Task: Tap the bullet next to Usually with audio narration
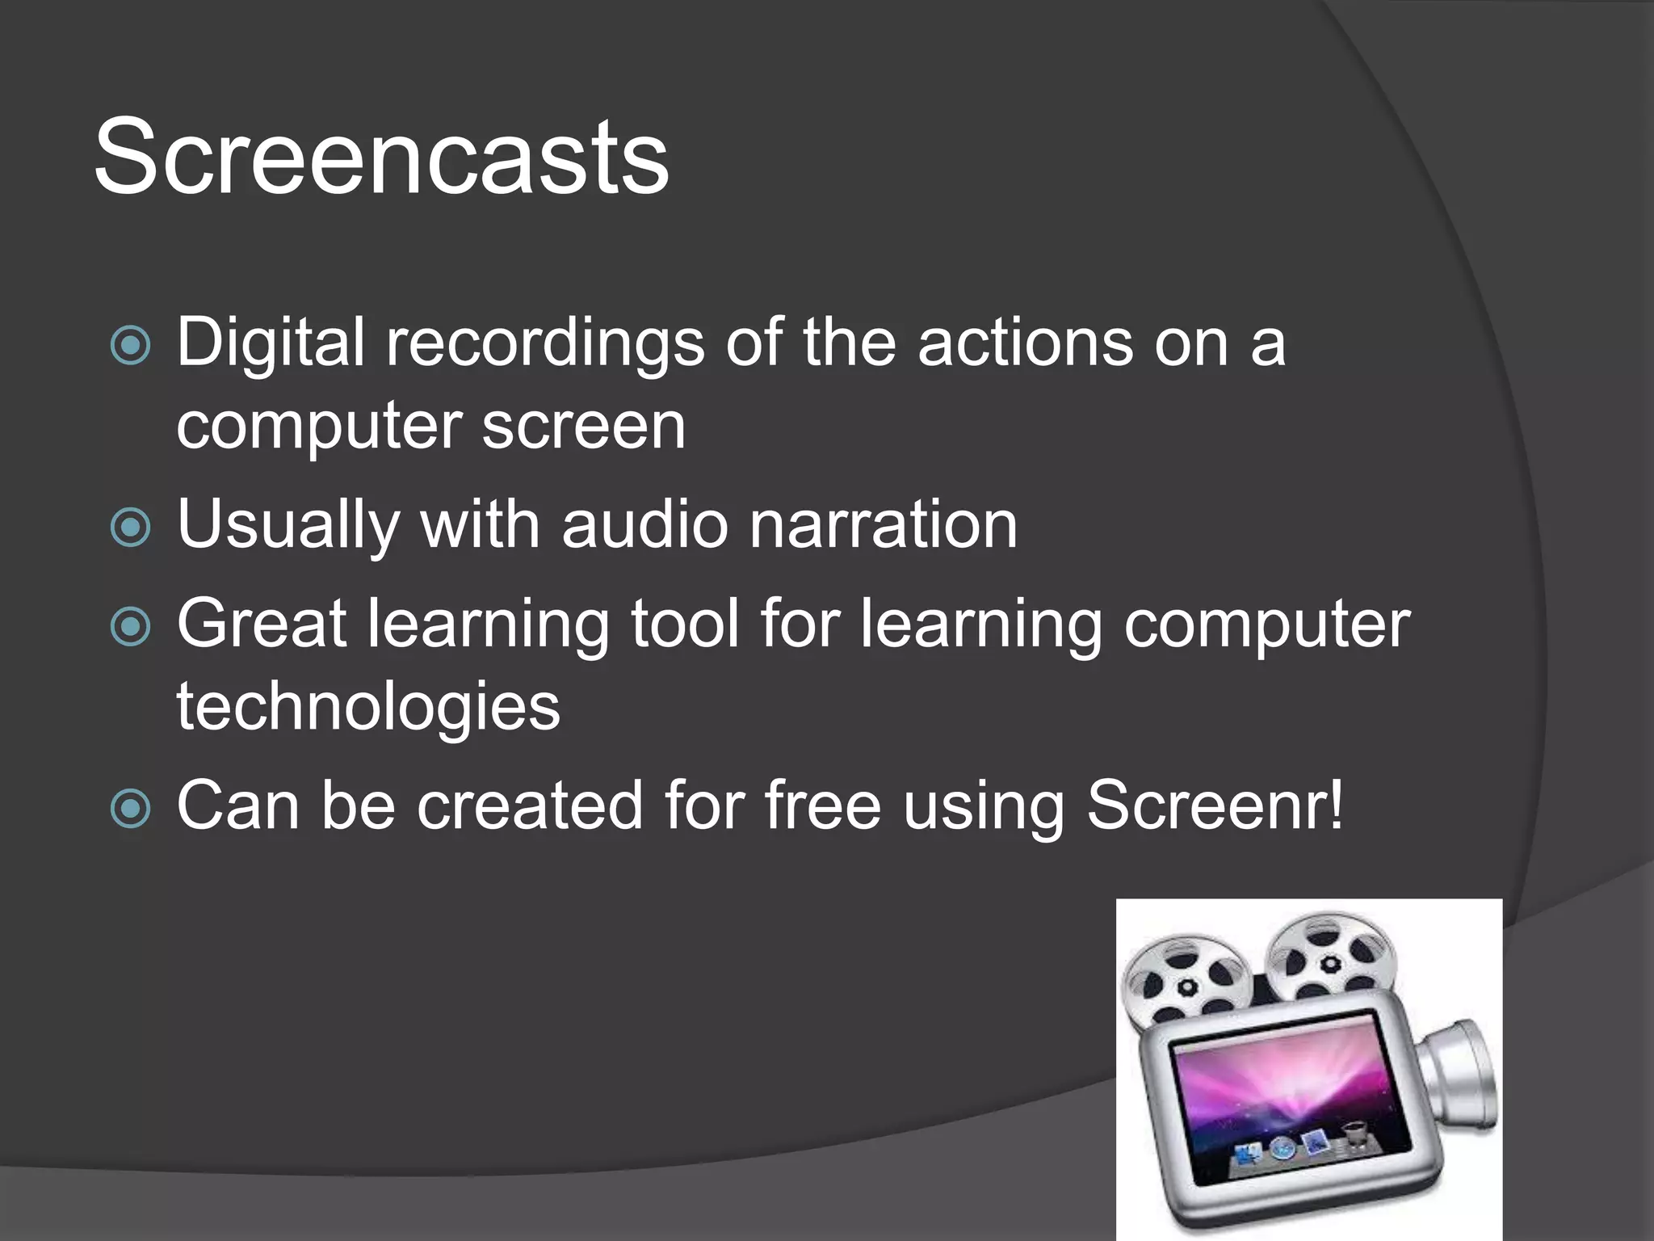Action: click(130, 528)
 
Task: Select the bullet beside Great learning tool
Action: click(130, 627)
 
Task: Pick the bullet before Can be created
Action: click(130, 808)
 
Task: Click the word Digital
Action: click(270, 343)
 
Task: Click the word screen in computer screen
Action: click(583, 426)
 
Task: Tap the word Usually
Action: click(288, 526)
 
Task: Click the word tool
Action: click(684, 624)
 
